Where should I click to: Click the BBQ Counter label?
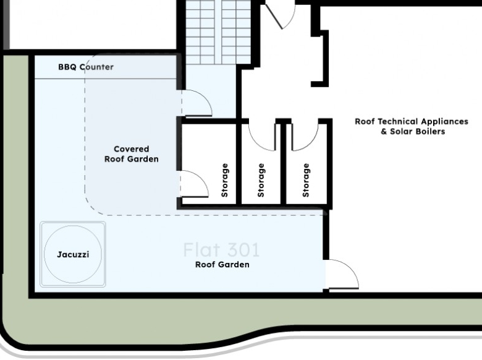86,67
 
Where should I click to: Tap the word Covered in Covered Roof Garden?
131,149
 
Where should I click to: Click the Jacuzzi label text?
73,254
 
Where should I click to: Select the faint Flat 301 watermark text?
221,250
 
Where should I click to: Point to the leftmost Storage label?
225,180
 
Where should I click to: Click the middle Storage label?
261,180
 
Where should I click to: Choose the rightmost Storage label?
306,180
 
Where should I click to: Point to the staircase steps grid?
218,32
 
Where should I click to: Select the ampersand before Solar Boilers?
384,132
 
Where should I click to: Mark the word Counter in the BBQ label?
96,67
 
